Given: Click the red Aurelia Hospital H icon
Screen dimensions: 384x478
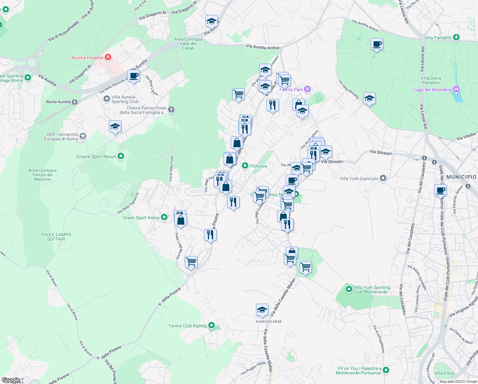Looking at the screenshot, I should click(x=108, y=57).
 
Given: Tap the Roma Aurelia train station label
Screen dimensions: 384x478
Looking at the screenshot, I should click(x=58, y=102).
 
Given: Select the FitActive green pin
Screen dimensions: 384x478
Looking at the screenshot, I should click(x=245, y=166).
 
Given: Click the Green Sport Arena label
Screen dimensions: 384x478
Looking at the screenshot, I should click(x=141, y=218).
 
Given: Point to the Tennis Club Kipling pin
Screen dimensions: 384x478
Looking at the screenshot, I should click(x=211, y=326).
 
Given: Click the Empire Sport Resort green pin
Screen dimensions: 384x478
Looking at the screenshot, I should click(x=121, y=156).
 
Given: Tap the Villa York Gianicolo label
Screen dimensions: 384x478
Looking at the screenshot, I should click(x=359, y=179).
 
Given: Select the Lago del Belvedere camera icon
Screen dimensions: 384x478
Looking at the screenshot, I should click(x=456, y=89).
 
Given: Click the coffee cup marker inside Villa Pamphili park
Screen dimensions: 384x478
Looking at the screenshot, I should click(x=377, y=44).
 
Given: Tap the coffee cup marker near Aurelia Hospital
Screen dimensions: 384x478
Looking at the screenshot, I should click(x=134, y=76).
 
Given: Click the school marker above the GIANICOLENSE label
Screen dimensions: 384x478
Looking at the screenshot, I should click(x=262, y=310).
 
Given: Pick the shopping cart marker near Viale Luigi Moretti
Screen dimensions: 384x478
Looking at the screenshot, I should click(x=191, y=262).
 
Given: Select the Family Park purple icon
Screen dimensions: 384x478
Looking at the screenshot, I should click(x=307, y=89).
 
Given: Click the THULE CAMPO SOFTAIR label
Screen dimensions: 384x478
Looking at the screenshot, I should click(x=56, y=237).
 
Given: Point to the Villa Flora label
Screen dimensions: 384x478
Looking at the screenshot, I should click(x=444, y=373).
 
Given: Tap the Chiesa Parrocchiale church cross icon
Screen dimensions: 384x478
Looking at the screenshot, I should click(x=171, y=110).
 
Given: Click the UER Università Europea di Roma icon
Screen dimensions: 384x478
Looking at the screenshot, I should click(x=83, y=137).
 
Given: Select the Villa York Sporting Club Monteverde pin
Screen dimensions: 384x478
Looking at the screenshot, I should click(x=349, y=289).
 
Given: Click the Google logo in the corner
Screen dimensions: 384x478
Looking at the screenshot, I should click(x=11, y=380).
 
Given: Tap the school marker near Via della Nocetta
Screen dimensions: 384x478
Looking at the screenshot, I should click(x=369, y=99).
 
